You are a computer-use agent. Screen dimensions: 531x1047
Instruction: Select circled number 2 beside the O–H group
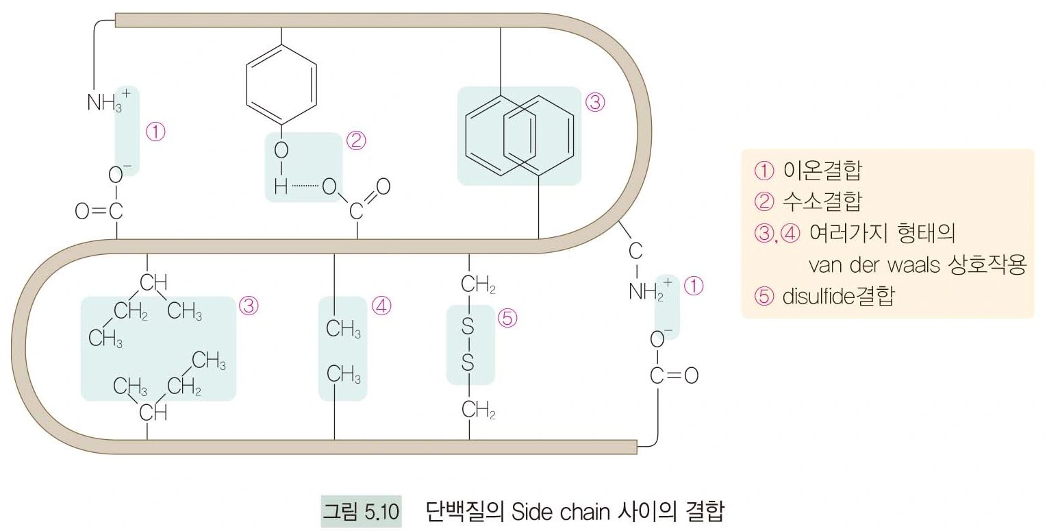click(356, 140)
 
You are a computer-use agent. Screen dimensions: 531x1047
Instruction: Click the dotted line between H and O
click(304, 186)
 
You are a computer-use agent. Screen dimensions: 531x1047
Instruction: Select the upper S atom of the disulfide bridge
click(468, 328)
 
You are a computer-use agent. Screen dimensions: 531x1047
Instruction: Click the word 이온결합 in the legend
click(822, 169)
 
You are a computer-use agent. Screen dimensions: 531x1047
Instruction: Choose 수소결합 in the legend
click(822, 201)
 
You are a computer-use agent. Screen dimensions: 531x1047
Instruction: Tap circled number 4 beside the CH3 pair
click(381, 306)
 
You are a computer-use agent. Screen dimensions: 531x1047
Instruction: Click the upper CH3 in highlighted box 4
click(343, 329)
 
